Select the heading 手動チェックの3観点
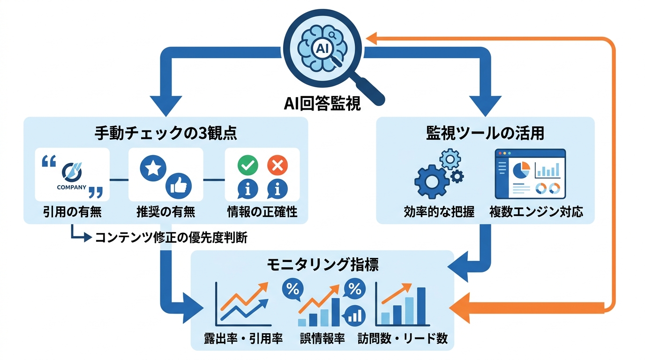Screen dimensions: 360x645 point(165,134)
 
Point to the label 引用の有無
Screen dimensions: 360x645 point(71,212)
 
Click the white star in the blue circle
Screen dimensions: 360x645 point(152,169)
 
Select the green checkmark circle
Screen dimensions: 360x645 point(248,165)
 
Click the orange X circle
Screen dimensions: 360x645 point(277,165)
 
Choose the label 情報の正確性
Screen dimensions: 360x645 point(262,212)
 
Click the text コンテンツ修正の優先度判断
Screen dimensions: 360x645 point(171,238)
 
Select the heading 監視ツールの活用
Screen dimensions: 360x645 point(486,134)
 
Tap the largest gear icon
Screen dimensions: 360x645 point(431,182)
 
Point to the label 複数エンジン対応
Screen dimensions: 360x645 point(536,212)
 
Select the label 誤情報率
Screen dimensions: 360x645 point(322,338)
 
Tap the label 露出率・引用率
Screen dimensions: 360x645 point(243,338)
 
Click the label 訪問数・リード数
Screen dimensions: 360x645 point(402,338)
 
